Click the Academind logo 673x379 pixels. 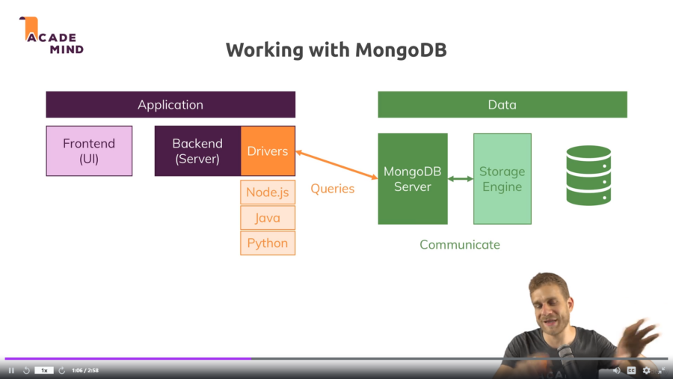(51, 35)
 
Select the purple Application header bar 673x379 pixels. (170, 105)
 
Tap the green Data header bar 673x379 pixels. (502, 105)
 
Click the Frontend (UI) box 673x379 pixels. (89, 151)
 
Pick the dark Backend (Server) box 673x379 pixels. (197, 151)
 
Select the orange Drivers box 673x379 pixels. (268, 151)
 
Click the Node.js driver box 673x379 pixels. (268, 192)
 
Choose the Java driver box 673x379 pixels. (268, 218)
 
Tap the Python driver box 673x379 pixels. (268, 243)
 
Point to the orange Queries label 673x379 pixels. (332, 189)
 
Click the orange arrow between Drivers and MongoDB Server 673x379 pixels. (336, 165)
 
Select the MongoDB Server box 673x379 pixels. (412, 179)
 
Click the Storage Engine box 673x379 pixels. (502, 179)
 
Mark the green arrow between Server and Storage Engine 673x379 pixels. (461, 179)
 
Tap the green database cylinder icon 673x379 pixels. (589, 175)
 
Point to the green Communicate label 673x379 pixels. (459, 245)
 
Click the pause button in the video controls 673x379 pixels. (11, 370)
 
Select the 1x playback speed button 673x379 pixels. (44, 370)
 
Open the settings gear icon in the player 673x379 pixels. (646, 370)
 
